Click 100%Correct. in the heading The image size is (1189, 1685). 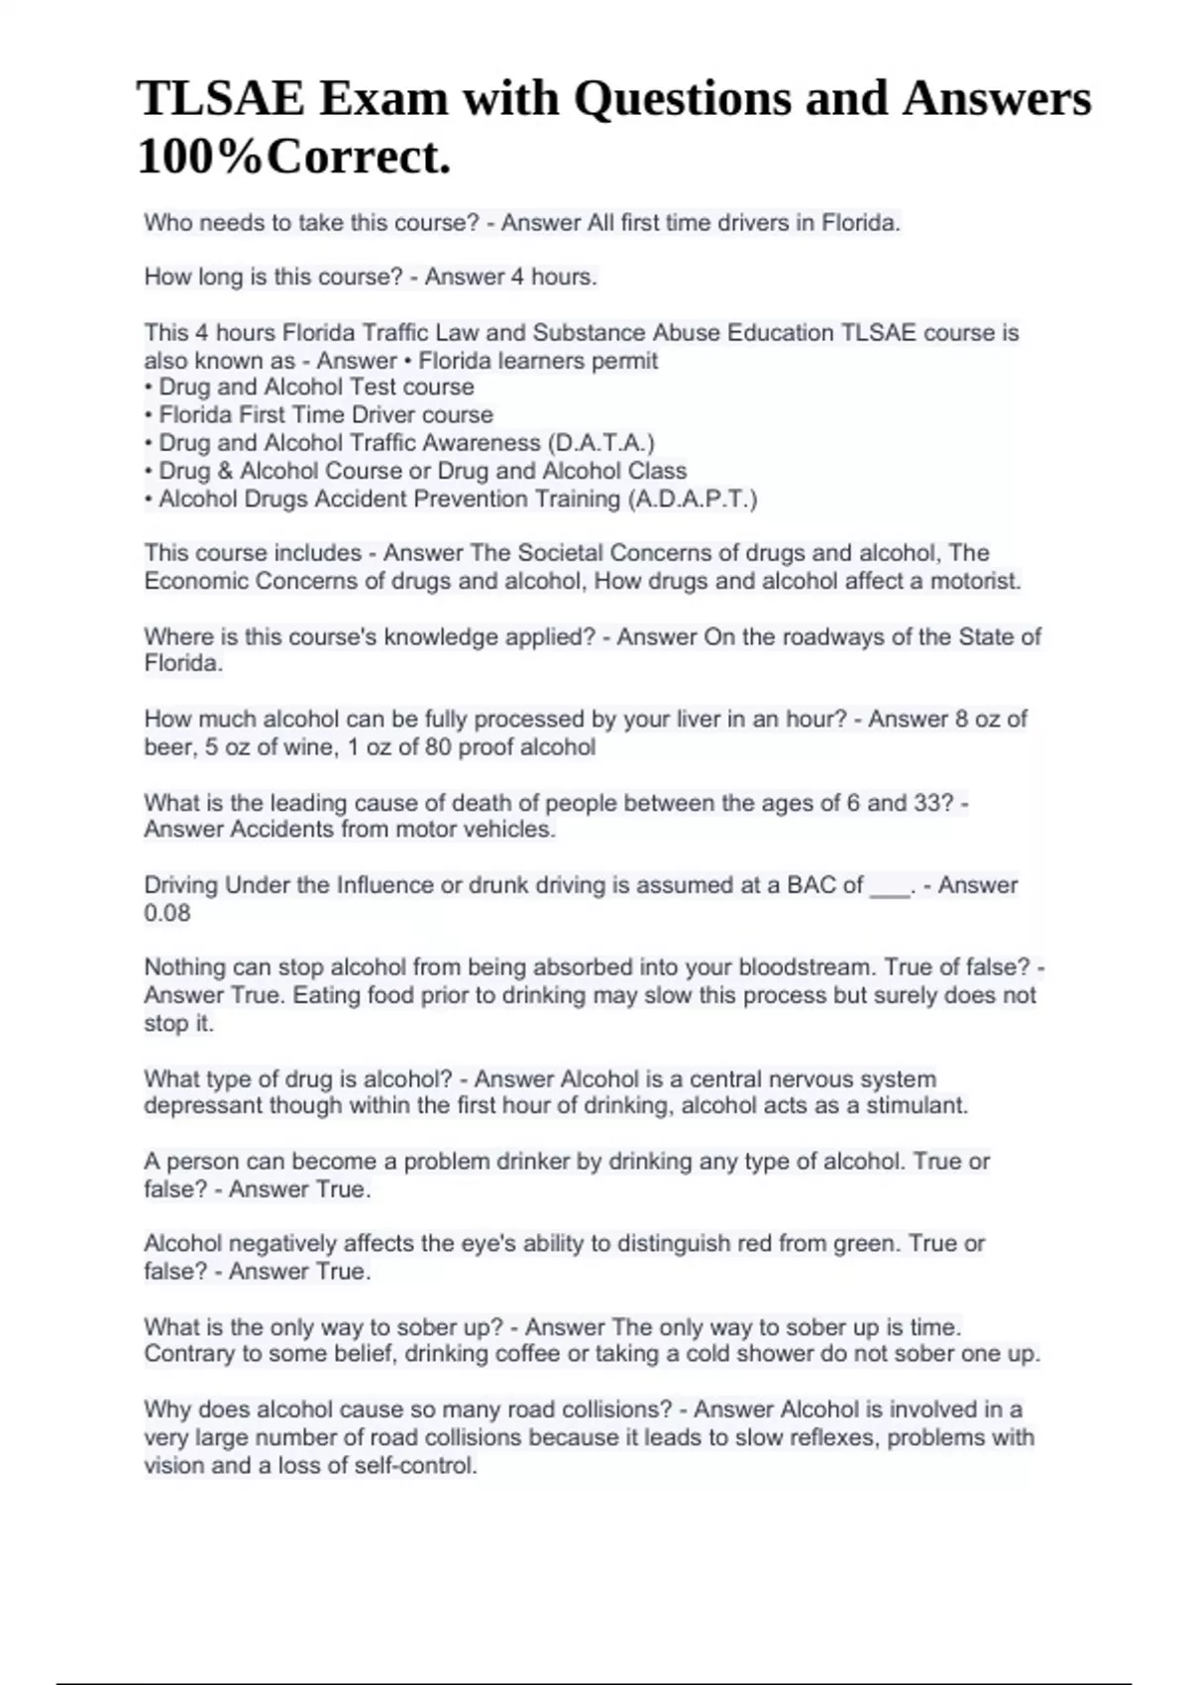294,157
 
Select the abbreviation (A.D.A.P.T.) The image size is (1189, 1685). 693,499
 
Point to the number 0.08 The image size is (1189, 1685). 167,913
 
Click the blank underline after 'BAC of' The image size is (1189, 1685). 890,887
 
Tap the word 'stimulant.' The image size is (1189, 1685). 917,1105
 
